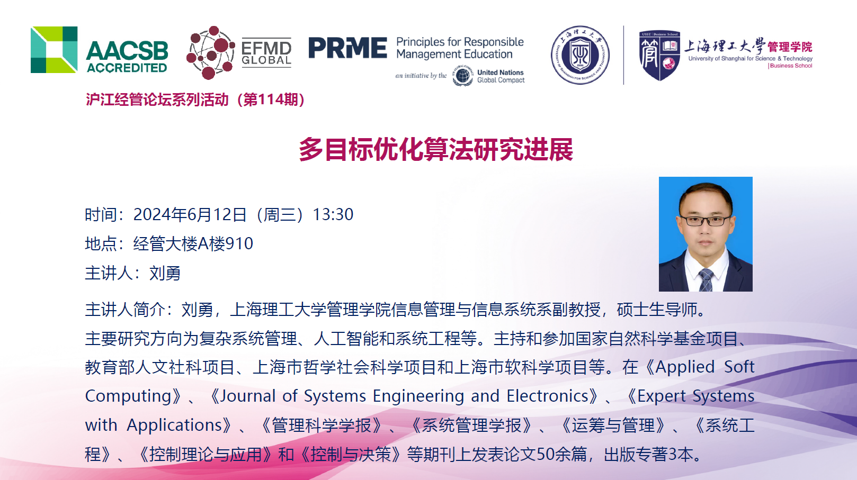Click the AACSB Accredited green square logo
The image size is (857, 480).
click(x=54, y=50)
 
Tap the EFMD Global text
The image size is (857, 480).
click(x=266, y=53)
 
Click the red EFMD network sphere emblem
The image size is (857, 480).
click(x=210, y=52)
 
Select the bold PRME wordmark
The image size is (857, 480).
click(x=347, y=48)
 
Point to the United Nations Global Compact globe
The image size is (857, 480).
click(x=462, y=76)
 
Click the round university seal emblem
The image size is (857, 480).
click(x=580, y=55)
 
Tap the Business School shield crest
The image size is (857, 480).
click(x=659, y=56)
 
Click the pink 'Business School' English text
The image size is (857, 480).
click(x=790, y=66)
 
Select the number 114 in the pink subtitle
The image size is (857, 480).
click(x=271, y=99)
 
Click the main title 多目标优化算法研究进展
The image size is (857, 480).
click(x=436, y=149)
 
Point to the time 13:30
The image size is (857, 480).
click(x=333, y=214)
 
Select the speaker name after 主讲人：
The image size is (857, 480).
click(x=165, y=273)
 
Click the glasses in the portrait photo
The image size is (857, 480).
click(x=706, y=221)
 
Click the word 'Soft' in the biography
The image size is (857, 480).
click(x=739, y=367)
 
